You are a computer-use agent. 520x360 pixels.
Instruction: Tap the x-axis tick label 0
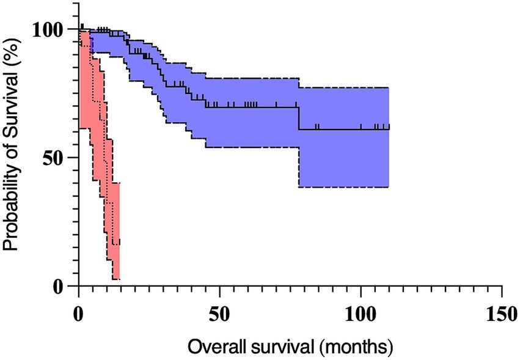click(x=79, y=308)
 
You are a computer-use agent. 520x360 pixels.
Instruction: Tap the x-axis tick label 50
click(x=219, y=308)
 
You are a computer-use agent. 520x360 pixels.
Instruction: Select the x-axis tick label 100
click(x=361, y=308)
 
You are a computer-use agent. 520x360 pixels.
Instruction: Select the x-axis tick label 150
click(x=501, y=308)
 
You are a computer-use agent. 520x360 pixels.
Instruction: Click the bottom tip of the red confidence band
click(x=116, y=279)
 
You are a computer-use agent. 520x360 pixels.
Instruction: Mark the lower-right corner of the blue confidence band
click(x=389, y=187)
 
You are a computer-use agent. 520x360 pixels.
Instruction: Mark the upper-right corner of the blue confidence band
click(x=389, y=88)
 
